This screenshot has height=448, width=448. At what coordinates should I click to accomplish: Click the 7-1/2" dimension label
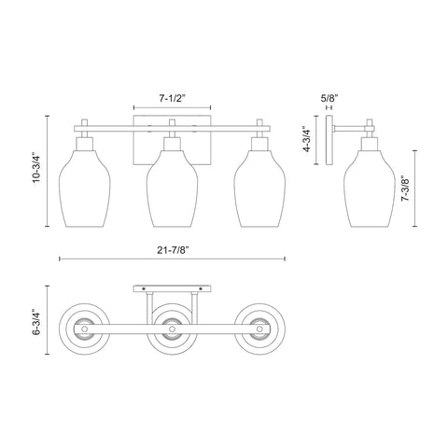coord(172,99)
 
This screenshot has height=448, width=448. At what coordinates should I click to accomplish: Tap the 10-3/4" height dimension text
coord(37,172)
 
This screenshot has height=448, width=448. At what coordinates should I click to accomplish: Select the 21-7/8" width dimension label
coord(173,250)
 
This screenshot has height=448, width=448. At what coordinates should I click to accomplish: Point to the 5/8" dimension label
coord(329,99)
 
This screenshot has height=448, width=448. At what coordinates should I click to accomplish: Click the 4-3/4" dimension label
coord(307,139)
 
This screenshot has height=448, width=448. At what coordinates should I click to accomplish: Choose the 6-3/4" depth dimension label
coord(37,321)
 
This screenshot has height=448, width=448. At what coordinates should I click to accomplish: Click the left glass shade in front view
coord(84,189)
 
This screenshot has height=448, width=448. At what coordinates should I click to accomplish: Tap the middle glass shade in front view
coord(172,189)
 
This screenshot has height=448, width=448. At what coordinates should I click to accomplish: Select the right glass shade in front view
coord(259,189)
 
